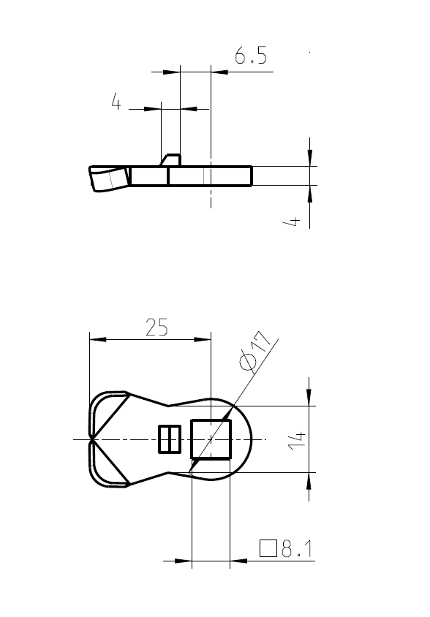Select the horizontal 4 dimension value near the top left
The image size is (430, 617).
(116, 102)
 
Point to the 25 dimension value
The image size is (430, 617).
(156, 328)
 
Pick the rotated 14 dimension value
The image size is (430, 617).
(295, 439)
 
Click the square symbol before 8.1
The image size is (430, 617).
(268, 548)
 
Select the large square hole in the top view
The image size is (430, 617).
(211, 439)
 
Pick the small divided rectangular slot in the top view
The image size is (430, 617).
(170, 439)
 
